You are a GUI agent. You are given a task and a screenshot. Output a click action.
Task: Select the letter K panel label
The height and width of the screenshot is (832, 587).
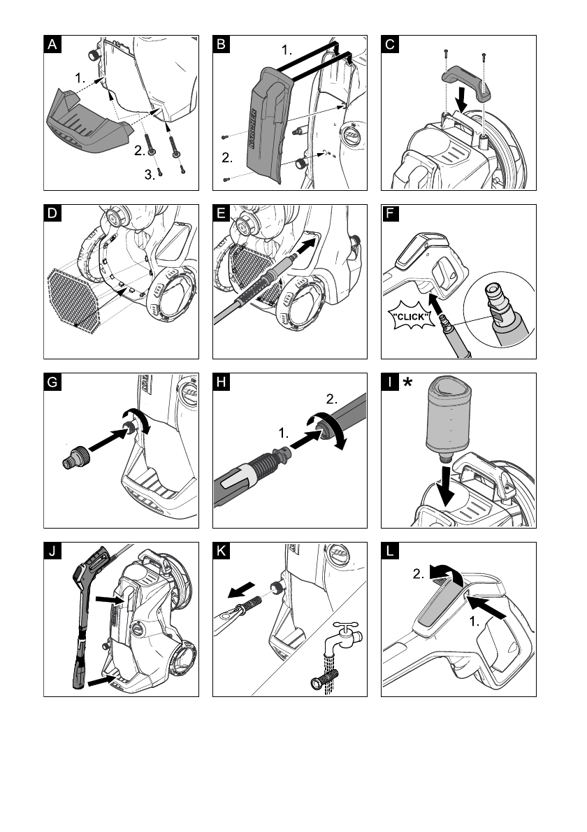pos(222,550)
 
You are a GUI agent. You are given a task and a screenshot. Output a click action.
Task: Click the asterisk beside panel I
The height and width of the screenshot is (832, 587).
pos(407,382)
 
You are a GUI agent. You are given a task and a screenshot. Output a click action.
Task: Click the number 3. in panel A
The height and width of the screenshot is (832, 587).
pos(150,175)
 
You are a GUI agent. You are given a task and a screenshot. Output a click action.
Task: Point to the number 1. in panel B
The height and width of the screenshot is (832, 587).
pos(287,50)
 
